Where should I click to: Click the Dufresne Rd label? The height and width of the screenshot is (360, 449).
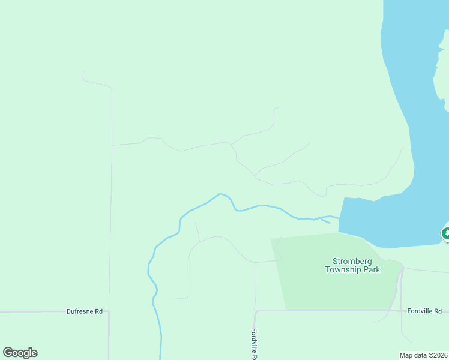click(x=85, y=311)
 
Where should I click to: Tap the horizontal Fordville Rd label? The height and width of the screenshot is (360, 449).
click(x=424, y=311)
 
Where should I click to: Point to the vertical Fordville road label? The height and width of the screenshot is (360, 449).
click(x=255, y=344)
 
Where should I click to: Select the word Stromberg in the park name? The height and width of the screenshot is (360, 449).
click(x=352, y=261)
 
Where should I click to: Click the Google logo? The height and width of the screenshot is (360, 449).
click(x=20, y=353)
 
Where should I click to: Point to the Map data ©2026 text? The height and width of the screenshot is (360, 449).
click(x=424, y=355)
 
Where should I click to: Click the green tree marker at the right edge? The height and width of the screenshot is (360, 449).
click(x=445, y=233)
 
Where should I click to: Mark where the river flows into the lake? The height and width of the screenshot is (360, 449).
click(x=340, y=218)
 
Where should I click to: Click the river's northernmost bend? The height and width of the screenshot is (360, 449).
click(x=221, y=194)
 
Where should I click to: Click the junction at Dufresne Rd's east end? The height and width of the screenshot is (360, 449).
click(x=109, y=311)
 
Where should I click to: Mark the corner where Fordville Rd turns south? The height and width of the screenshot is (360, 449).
click(x=256, y=312)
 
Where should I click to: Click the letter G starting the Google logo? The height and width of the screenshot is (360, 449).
click(x=7, y=353)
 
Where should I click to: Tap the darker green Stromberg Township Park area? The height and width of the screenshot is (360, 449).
click(x=324, y=288)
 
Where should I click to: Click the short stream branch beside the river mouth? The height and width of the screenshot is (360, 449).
click(x=325, y=221)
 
